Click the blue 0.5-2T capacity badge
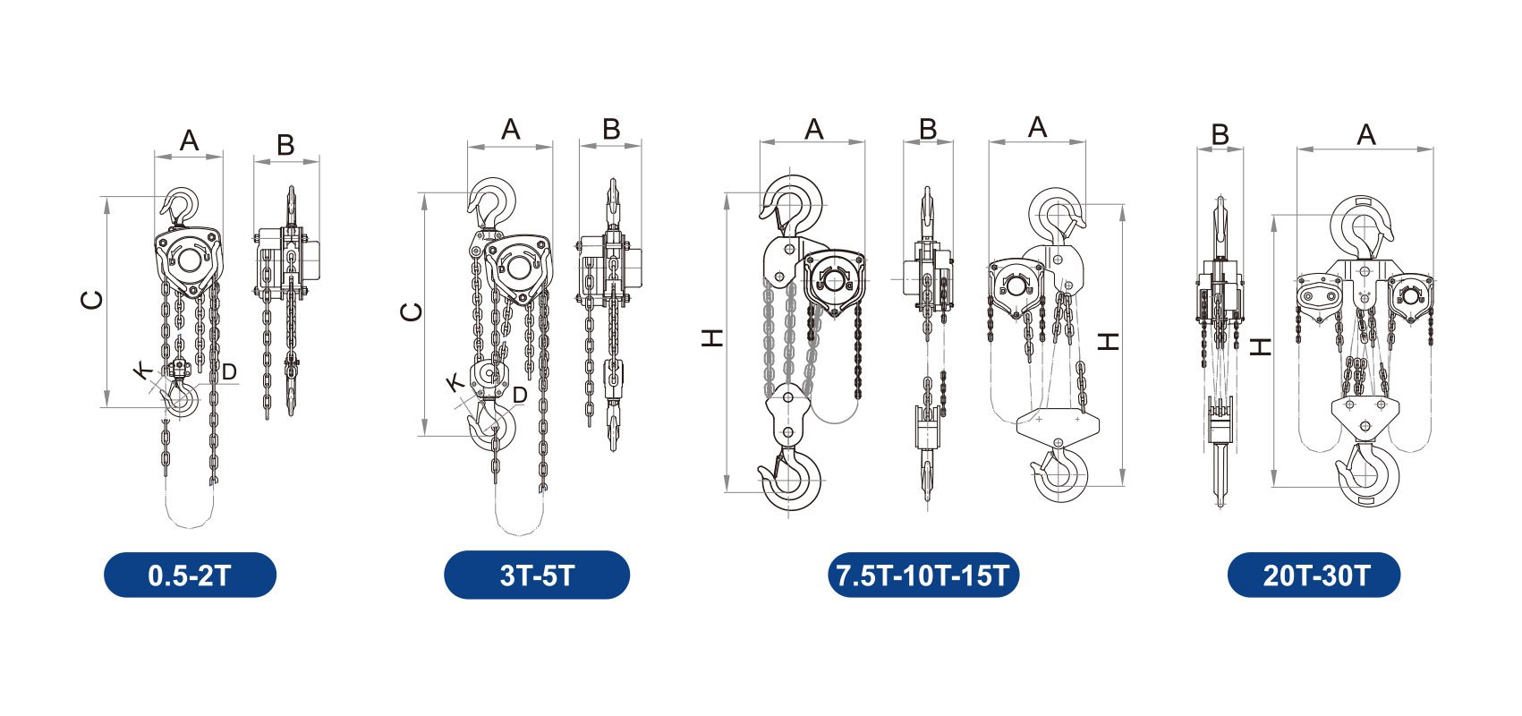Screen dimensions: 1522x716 [x=190, y=575]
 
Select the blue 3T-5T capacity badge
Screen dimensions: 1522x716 [x=537, y=575]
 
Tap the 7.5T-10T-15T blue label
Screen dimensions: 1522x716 [x=923, y=575]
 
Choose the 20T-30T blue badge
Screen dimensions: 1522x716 [x=1314, y=575]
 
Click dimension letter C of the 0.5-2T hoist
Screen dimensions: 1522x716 [x=92, y=300]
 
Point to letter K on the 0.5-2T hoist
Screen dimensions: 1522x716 [x=142, y=371]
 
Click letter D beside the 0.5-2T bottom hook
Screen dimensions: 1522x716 [x=229, y=371]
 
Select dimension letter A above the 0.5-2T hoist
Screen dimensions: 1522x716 [x=189, y=141]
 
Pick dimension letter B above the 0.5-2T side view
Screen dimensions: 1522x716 [x=285, y=145]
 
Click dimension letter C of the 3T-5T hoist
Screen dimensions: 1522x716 [x=412, y=312]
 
